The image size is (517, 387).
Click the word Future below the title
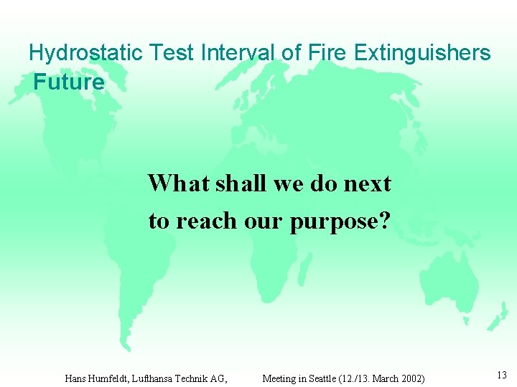click(x=69, y=82)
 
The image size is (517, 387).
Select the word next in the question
click(x=367, y=183)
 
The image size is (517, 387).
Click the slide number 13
click(x=501, y=375)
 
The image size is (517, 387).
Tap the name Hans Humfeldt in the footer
click(x=97, y=378)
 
